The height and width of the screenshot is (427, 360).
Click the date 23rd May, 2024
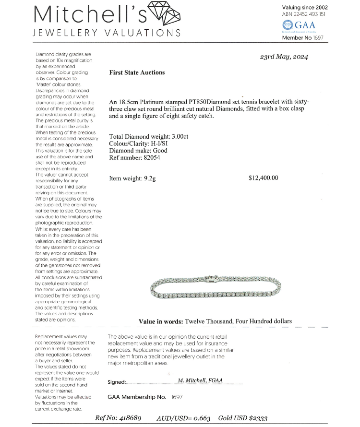tap(284, 57)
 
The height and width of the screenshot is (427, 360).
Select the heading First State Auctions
tap(137, 72)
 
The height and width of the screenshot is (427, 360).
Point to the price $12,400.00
tap(264, 178)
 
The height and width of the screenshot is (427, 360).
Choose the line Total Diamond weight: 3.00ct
tap(149, 136)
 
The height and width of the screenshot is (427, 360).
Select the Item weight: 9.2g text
tap(132, 178)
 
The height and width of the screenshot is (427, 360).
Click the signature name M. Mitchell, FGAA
tap(200, 380)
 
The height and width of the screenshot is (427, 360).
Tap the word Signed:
tap(117, 382)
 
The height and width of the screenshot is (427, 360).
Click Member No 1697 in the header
tap(303, 37)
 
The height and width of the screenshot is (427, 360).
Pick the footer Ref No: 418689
tap(118, 418)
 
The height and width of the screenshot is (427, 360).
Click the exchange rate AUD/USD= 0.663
tap(183, 418)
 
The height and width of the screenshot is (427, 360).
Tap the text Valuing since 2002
tap(305, 7)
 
